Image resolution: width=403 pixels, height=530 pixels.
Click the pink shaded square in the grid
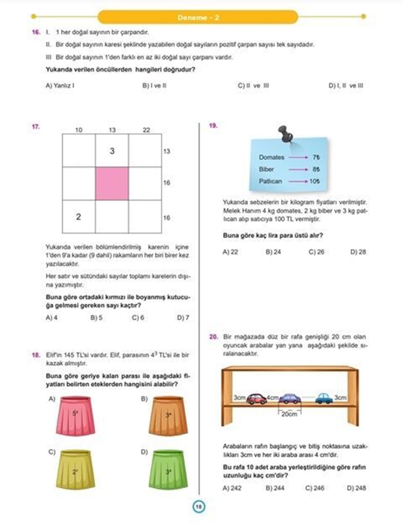[112, 184]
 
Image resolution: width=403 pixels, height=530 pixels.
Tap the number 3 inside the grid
[112, 151]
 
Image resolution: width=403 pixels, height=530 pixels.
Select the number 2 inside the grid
[79, 217]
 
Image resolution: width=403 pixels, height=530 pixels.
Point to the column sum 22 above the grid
[146, 130]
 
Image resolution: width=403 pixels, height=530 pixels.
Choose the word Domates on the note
[271, 157]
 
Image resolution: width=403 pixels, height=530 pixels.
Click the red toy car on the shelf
[257, 399]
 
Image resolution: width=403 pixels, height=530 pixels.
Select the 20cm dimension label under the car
[289, 414]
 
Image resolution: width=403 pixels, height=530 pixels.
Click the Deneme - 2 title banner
[198, 17]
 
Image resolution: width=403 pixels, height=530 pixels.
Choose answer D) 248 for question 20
[356, 488]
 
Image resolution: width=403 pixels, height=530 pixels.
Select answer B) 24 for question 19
[273, 252]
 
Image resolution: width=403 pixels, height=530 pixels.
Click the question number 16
[36, 33]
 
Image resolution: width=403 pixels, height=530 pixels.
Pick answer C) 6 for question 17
[138, 318]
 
